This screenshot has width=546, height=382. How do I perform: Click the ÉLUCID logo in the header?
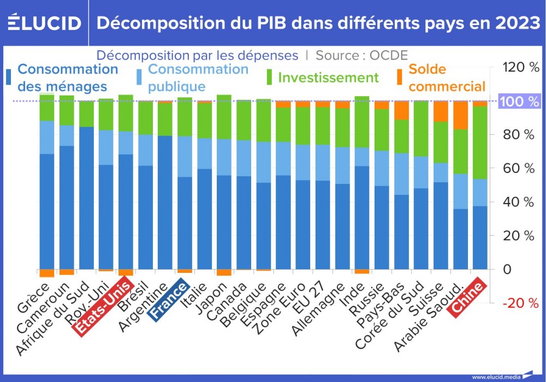click(x=45, y=23)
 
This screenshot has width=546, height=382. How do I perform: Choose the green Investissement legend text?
click(x=328, y=77)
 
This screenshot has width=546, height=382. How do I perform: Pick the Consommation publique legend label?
click(x=198, y=77)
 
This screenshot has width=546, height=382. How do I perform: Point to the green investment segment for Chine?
click(x=480, y=142)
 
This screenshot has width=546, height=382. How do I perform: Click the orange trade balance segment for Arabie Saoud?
click(x=460, y=115)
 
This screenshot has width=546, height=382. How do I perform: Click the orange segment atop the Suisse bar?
click(x=441, y=111)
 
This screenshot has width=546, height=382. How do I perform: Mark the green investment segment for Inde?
click(x=361, y=122)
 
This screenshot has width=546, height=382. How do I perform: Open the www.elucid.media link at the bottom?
click(x=495, y=377)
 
